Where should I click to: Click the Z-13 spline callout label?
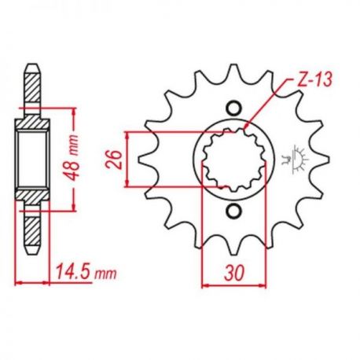click(314, 79)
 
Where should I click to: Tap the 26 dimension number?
click(114, 160)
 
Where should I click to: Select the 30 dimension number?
click(234, 272)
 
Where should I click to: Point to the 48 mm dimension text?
click(72, 158)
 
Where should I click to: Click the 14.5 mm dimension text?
click(86, 272)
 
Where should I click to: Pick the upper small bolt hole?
click(233, 108)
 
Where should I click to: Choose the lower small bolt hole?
click(233, 210)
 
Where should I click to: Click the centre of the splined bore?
click(233, 159)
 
